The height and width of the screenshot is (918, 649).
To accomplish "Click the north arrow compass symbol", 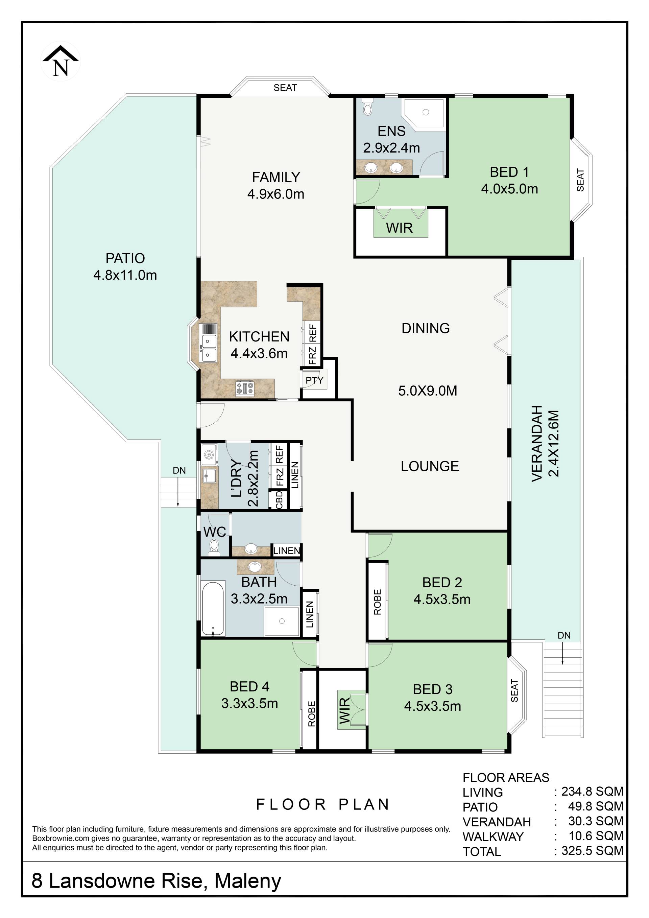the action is coord(61,61).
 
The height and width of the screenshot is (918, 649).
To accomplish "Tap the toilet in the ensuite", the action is coord(367,107).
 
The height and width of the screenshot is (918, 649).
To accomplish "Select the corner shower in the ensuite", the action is coord(424,114).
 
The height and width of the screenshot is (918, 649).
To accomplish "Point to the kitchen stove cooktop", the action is coord(245,388).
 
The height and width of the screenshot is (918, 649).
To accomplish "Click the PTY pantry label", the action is coord(314,380).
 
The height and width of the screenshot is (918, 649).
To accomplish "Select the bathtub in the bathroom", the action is coord(213,609).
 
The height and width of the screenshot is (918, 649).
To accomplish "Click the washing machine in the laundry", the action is coord(209,454).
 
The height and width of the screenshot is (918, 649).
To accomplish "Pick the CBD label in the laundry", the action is coord(279,500).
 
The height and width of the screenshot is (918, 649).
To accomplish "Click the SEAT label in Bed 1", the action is coord(580,180).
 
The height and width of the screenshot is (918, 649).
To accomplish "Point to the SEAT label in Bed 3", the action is coord(514,691).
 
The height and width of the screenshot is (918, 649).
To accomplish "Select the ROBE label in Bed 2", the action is coord(377,602).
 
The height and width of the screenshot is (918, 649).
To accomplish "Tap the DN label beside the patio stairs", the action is coord(179,471).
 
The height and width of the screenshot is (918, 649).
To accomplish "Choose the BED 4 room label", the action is coord(249,686).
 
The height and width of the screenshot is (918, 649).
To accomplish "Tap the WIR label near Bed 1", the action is coord(399,228).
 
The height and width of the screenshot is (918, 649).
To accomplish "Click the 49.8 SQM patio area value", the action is coord(596,806).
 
